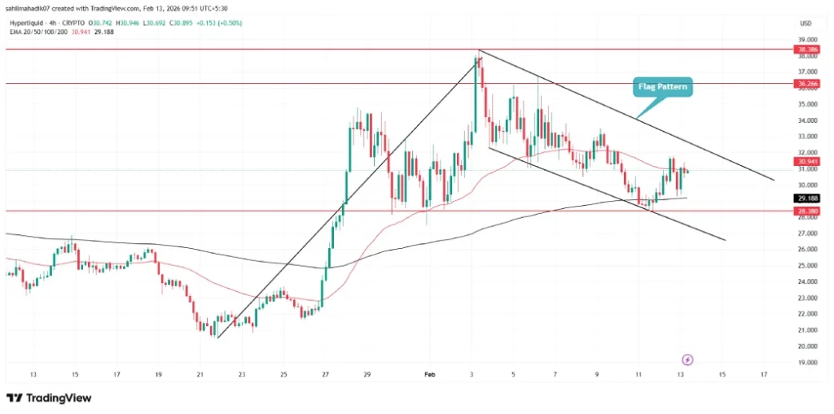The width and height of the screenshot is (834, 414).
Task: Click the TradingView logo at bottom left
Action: coord(49,398)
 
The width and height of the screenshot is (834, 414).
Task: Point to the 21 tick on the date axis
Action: coord(200,375)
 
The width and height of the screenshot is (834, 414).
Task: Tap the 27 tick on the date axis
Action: coord(325,375)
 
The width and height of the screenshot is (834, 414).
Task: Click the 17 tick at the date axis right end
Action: coord(762,375)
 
